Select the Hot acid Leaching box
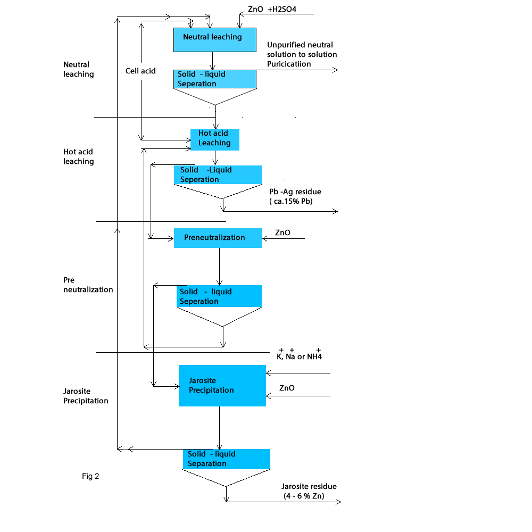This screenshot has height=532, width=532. [215, 139]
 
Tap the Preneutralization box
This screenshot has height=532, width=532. [218, 238]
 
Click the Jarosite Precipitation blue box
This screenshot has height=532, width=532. [222, 386]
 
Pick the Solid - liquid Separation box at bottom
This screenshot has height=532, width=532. [226, 459]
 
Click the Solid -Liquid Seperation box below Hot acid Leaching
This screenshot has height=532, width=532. [218, 175]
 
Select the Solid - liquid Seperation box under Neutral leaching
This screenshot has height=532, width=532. [215, 79]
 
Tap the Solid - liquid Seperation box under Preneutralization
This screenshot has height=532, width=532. [219, 296]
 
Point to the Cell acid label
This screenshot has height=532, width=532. [140, 70]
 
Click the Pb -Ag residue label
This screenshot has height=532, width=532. [295, 192]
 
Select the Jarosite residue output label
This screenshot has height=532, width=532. [309, 486]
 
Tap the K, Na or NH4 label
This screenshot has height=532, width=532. [300, 356]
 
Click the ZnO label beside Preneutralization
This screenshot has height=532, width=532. [282, 232]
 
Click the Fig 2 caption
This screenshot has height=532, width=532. [90, 476]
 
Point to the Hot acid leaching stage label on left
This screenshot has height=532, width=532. [79, 156]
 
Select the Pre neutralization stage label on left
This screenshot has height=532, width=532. [88, 285]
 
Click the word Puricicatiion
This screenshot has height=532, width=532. [289, 64]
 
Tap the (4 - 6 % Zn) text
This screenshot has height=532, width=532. [304, 496]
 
